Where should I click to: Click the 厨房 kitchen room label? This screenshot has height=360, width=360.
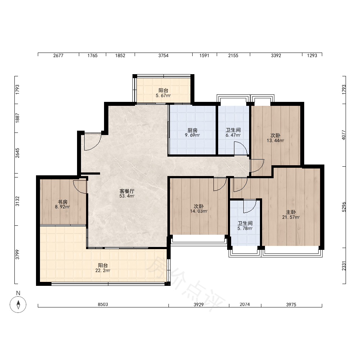192,130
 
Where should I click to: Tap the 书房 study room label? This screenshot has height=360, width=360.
62,202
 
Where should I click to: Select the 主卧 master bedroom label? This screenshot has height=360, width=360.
291,212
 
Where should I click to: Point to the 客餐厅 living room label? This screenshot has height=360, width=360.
127,191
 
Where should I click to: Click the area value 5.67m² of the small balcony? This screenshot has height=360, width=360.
163,95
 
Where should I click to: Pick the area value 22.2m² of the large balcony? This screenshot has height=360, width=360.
103,270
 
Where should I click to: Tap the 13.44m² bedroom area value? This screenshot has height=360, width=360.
275,140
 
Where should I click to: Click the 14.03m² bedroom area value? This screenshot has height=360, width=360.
199,211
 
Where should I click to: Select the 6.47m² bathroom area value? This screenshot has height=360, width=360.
233,135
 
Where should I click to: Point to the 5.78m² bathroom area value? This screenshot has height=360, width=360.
245,229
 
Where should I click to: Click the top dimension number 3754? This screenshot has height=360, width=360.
163,55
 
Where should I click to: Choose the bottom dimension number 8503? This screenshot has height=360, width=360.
103,305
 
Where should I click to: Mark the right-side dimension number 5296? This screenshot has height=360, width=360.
344,207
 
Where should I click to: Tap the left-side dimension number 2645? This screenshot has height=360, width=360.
17,153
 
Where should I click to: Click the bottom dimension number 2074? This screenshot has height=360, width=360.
245,305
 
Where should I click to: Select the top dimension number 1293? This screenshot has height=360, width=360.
312,55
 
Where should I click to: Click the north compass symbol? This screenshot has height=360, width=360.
18,305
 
